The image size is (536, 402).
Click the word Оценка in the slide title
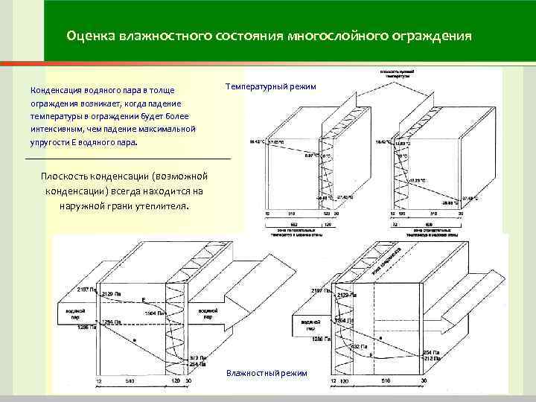click(x=88, y=35)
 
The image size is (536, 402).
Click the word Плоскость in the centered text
click(x=71, y=176)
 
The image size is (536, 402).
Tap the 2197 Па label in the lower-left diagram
click(x=86, y=288)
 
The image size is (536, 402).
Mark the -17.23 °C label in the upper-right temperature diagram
click(x=417, y=180)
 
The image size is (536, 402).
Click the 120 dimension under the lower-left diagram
click(x=176, y=381)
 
